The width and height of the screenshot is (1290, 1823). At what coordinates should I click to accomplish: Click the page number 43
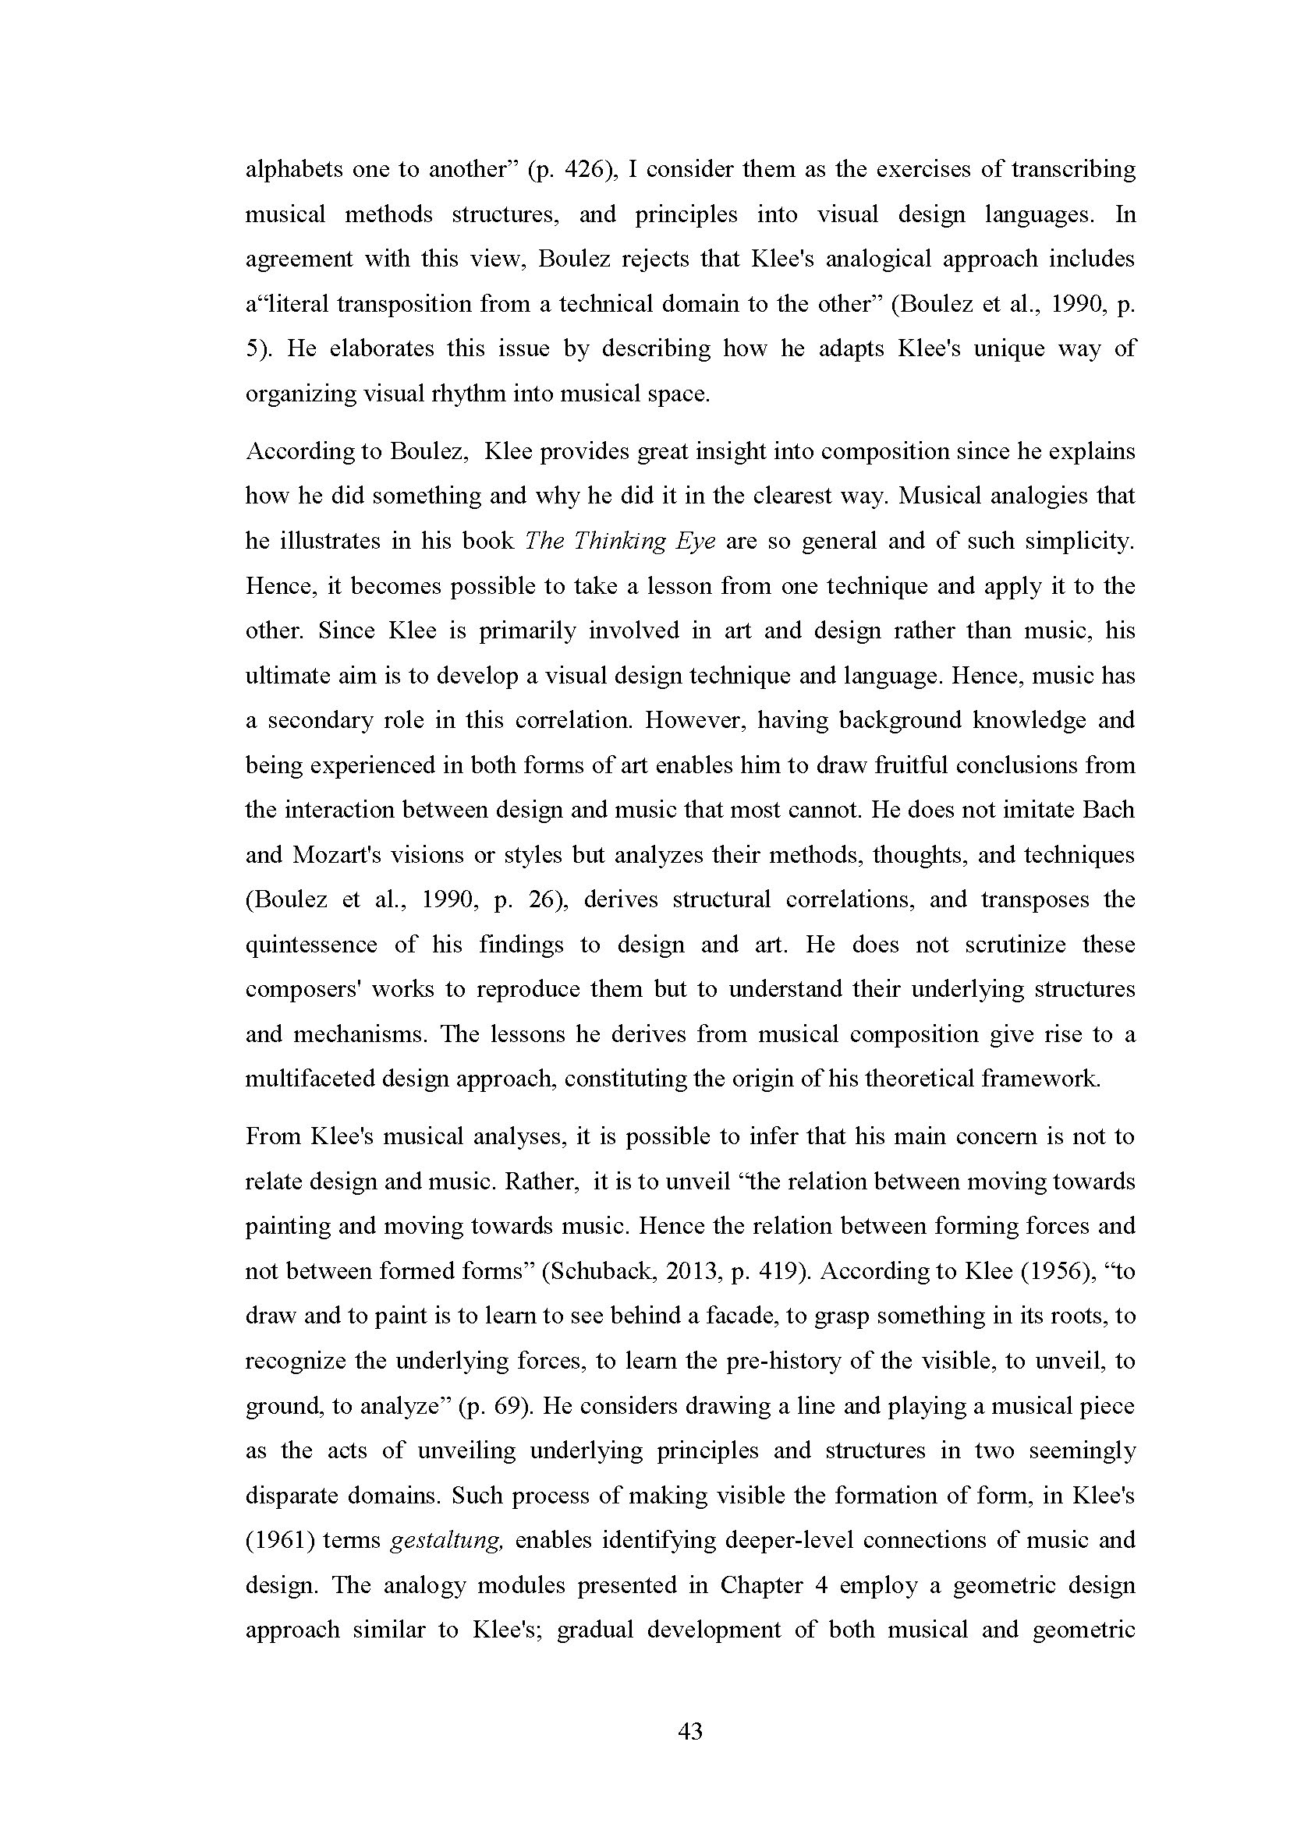pyautogui.click(x=690, y=1730)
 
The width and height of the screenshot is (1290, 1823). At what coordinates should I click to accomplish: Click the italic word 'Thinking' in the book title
pyautogui.click(x=611, y=541)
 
